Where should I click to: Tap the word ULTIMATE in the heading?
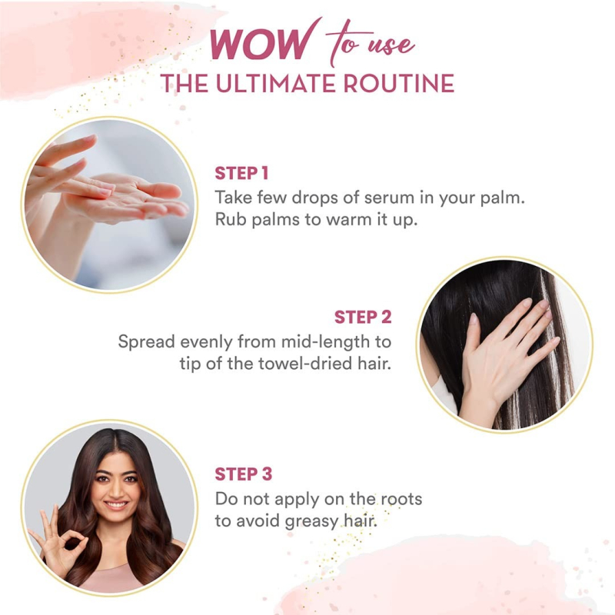tap(276, 83)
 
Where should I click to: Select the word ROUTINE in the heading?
tap(398, 83)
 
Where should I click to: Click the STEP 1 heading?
tap(241, 173)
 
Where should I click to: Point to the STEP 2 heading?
tap(363, 317)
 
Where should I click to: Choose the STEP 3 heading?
tap(243, 474)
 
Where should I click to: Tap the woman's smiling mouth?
tap(116, 504)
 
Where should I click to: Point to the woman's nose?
tap(115, 488)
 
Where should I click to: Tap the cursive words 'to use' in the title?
tap(370, 44)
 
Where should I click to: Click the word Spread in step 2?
tap(146, 342)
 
